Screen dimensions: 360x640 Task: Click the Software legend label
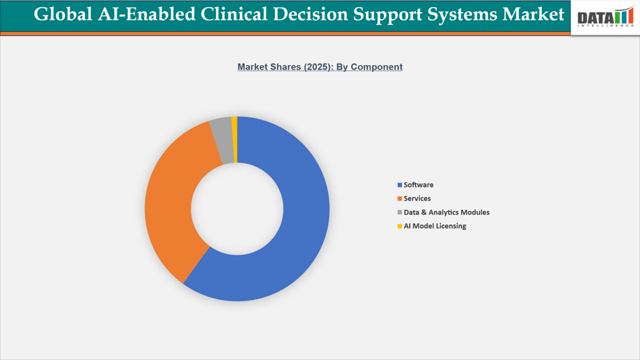click(x=418, y=185)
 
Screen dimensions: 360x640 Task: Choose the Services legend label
click(x=417, y=199)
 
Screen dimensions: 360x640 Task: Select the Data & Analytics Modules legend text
click(x=446, y=212)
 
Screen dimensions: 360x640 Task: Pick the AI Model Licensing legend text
click(x=435, y=226)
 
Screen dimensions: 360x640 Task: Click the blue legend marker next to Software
click(x=400, y=185)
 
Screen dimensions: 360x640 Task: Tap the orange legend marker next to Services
click(x=400, y=199)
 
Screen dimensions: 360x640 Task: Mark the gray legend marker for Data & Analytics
click(x=400, y=213)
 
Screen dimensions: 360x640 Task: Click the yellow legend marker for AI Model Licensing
click(x=400, y=226)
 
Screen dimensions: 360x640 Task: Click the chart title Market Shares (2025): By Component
click(x=320, y=67)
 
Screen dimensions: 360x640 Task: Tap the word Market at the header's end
click(x=534, y=14)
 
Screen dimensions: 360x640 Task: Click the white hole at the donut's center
click(x=237, y=209)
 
